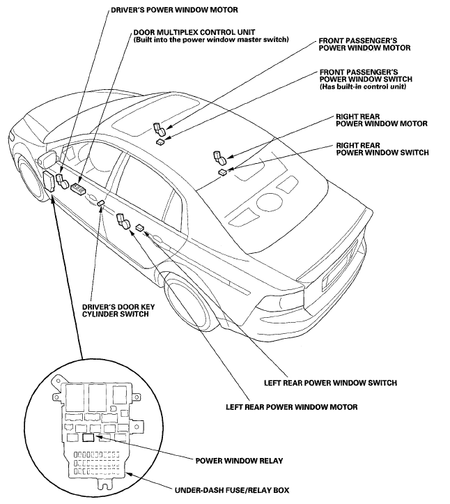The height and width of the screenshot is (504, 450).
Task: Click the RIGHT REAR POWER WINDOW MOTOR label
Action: coord(380,119)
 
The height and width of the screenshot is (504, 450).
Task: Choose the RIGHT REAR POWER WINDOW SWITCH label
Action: coord(382,148)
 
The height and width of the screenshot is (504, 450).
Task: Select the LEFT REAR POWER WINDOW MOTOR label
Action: coord(292,406)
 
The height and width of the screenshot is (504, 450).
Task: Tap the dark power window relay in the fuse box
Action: coord(88,438)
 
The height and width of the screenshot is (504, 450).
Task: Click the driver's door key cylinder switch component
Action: coord(101,203)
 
